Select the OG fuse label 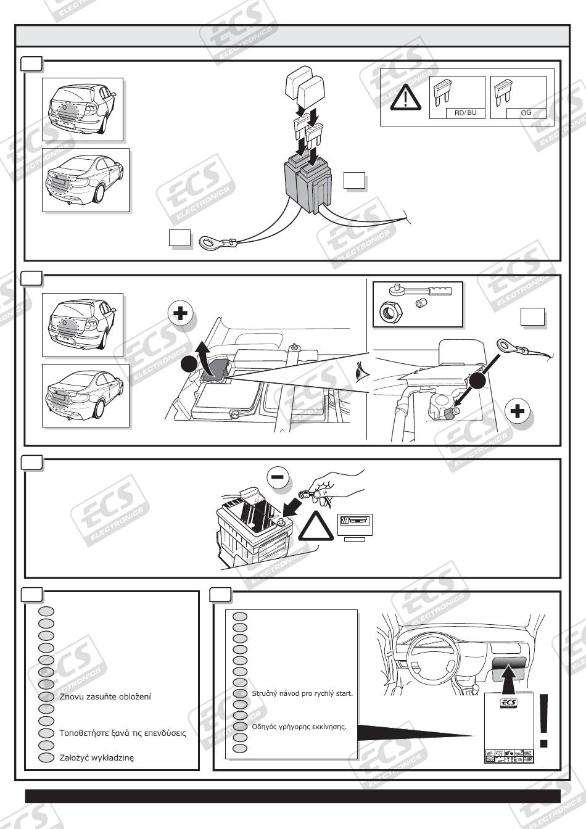tap(526, 113)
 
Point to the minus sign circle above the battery tap(278, 476)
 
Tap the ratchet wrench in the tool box tap(419, 289)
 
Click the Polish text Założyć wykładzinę tap(96, 757)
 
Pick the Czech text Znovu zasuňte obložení tap(105, 696)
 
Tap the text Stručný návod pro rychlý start tap(302, 693)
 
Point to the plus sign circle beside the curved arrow tap(181, 315)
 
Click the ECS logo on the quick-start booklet tap(508, 704)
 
